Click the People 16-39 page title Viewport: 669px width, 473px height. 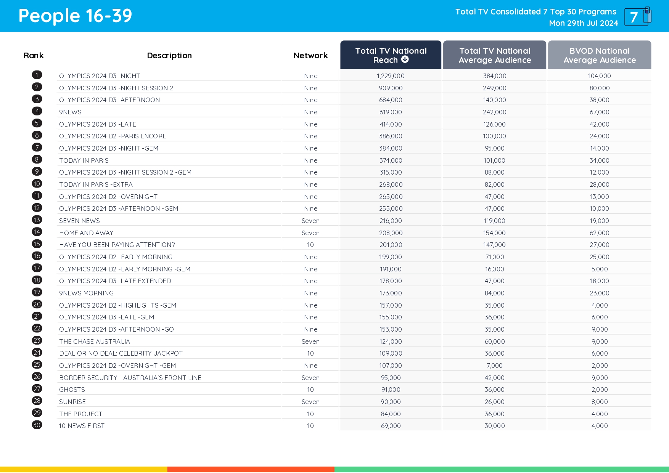[x=75, y=16]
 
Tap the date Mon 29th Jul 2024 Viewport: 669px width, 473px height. [x=583, y=23]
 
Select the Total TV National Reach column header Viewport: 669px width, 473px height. [x=391, y=55]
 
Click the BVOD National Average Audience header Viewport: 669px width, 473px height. [x=599, y=55]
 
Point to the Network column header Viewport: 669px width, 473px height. [x=310, y=56]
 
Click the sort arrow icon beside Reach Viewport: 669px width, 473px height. [x=405, y=59]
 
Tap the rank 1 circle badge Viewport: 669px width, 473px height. [x=37, y=75]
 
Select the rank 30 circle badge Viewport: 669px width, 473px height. [x=37, y=425]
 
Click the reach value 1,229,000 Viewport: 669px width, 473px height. [x=391, y=76]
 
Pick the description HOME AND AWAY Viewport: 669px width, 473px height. [x=86, y=233]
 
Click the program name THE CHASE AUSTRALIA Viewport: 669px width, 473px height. [x=95, y=342]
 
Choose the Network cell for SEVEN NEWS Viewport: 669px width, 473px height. [x=310, y=221]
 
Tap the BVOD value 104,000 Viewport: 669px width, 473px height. [x=599, y=76]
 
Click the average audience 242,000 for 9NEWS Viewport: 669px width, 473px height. [x=494, y=112]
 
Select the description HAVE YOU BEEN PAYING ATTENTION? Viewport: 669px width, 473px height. [x=117, y=245]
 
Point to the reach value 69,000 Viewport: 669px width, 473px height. [x=391, y=426]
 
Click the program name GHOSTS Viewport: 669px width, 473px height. [x=72, y=390]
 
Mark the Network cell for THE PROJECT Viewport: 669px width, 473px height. [x=310, y=414]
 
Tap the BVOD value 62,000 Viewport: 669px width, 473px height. [x=599, y=233]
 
